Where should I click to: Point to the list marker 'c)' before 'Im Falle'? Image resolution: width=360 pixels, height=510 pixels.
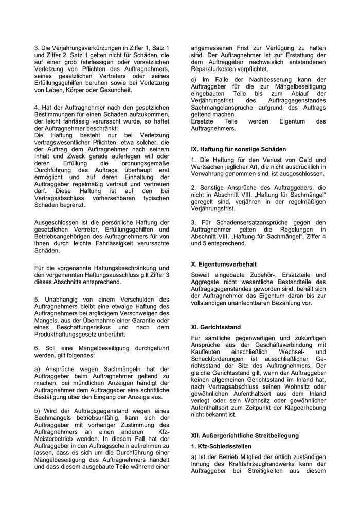[193, 79]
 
